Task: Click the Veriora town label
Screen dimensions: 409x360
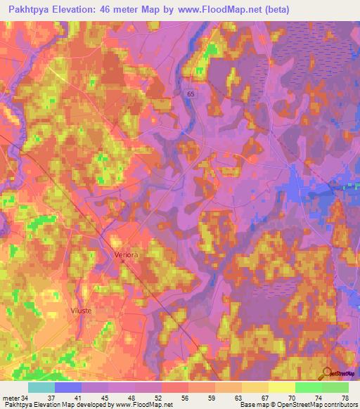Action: (127, 255)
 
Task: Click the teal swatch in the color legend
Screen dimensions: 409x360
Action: (41, 387)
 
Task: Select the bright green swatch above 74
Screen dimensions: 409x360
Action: (309, 387)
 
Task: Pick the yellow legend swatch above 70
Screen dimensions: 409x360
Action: (282, 387)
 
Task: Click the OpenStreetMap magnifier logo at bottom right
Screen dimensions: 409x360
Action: (327, 374)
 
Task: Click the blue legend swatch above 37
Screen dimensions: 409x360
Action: (68, 387)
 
